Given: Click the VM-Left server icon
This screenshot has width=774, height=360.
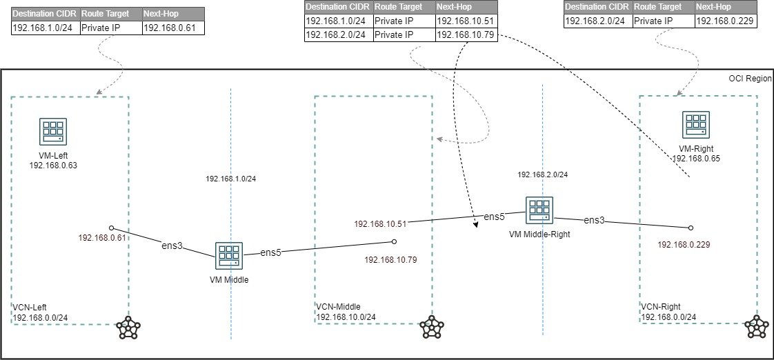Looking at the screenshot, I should tap(52, 131).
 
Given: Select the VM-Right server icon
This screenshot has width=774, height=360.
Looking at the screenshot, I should tap(695, 124).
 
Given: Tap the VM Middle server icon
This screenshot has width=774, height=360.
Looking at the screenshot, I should tap(228, 255).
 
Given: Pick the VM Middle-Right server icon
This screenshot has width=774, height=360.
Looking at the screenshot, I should tap(538, 210).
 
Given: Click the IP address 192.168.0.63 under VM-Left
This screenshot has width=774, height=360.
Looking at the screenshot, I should tap(52, 166).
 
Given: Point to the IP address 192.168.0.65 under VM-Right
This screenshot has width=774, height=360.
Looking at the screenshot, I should tap(695, 158).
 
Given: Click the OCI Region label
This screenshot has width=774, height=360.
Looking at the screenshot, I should tap(750, 79).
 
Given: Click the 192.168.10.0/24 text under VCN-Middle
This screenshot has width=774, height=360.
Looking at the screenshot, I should tap(346, 317).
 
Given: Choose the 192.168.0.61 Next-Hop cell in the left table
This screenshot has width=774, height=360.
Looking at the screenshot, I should tap(172, 28).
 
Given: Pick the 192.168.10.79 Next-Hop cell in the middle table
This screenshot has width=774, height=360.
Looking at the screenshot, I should tap(465, 35).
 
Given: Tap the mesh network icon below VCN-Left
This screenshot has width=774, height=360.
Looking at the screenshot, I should tap(128, 328).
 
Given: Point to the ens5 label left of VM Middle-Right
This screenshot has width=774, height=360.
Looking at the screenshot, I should tap(493, 217).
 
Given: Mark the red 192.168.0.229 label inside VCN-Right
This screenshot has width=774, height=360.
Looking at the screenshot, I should tap(684, 244).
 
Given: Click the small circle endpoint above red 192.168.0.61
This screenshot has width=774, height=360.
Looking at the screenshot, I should tap(111, 227).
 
